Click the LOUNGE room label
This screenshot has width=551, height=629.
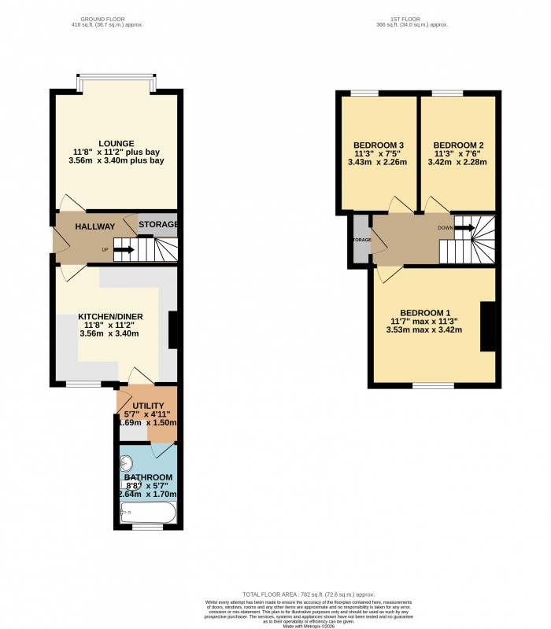point(116,143)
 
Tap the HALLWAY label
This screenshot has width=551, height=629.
point(95,226)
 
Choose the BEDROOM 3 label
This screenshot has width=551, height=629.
point(378,145)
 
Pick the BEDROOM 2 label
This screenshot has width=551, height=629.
point(457,145)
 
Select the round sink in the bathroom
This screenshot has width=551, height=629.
point(128,463)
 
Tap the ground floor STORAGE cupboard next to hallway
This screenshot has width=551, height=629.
point(158,225)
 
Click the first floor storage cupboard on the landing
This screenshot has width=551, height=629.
point(361,239)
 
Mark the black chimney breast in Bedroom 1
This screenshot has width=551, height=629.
point(488,326)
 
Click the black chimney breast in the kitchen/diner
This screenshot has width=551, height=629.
point(173,329)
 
